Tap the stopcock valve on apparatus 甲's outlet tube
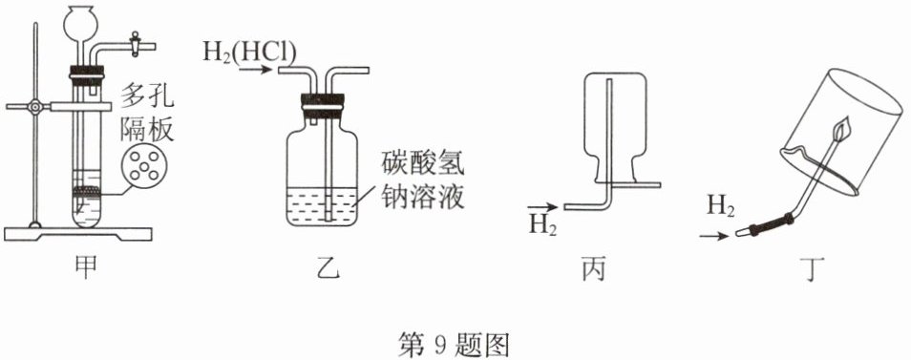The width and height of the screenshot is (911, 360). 136,44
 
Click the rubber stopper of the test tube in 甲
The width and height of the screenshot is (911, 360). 87,74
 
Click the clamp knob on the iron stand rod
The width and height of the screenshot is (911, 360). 36,107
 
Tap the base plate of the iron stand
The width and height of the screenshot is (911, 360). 78,233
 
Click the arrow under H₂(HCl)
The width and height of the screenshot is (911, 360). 255,71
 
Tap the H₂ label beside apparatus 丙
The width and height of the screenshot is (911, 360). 542,224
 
